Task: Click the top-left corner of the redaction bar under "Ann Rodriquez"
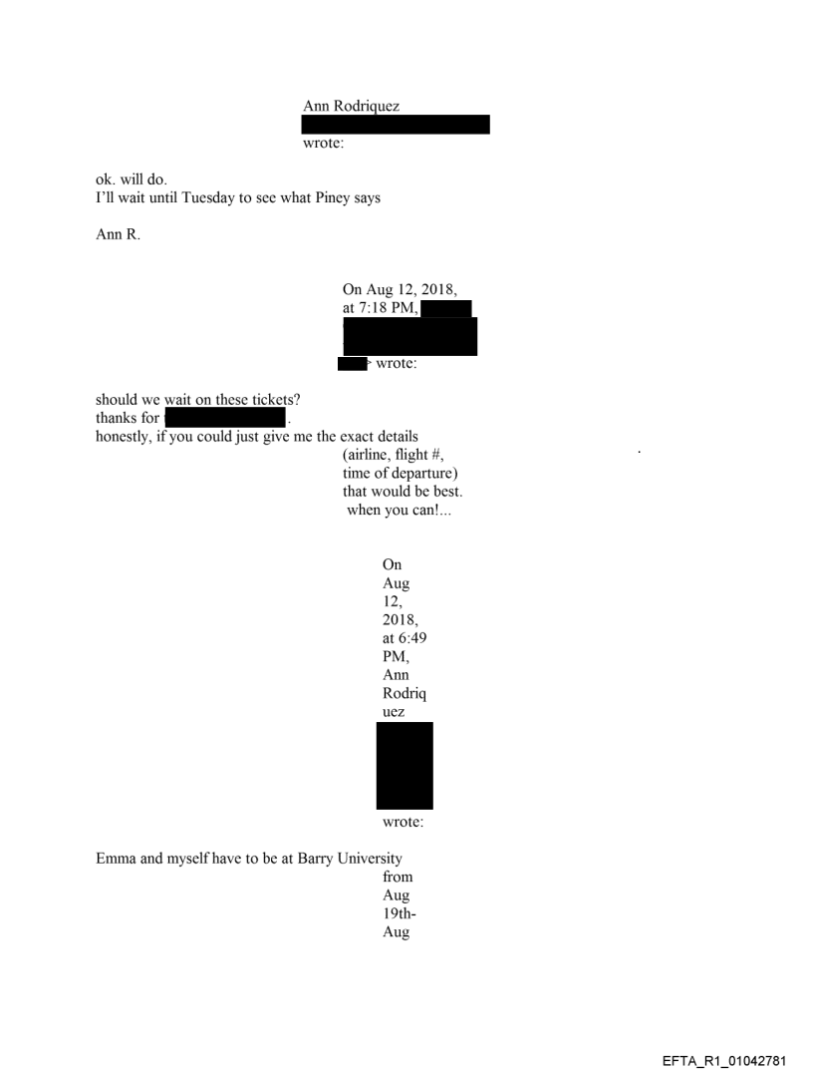click(x=302, y=116)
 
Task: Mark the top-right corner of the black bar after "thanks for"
click(x=285, y=409)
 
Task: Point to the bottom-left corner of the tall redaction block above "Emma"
click(x=377, y=810)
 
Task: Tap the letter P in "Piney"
click(x=319, y=197)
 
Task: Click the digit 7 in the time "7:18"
click(x=363, y=308)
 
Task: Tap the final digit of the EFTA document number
click(x=782, y=1061)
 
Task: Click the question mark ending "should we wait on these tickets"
click(x=297, y=399)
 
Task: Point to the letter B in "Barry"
click(x=302, y=859)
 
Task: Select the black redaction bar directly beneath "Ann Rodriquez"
click(x=396, y=125)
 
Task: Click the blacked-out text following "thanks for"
click(x=225, y=418)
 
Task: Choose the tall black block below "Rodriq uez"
click(x=405, y=766)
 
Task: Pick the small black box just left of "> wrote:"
click(x=353, y=364)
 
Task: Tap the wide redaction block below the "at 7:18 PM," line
click(x=409, y=336)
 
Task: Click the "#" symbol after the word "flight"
click(x=437, y=455)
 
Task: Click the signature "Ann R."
click(x=118, y=234)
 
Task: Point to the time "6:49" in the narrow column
click(x=412, y=638)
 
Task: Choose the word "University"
click(x=370, y=859)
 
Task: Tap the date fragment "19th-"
click(x=399, y=913)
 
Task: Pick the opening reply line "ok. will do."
click(x=131, y=179)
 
